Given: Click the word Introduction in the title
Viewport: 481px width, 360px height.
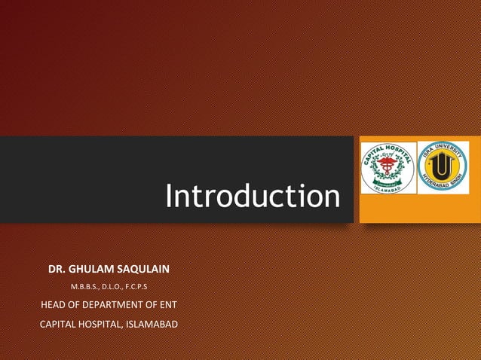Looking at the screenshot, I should click(253, 197).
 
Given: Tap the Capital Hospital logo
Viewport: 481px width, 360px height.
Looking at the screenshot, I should click(388, 167).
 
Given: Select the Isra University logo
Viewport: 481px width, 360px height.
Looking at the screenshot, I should click(443, 167).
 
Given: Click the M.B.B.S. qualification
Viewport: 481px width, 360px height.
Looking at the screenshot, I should click(85, 287).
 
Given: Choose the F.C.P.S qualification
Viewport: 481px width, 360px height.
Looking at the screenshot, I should click(142, 287).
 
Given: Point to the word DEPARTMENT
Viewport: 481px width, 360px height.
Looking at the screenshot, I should click(111, 305).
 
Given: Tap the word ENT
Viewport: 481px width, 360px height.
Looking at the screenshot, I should click(167, 305).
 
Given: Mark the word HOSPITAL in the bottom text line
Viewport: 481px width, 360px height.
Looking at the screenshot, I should click(105, 325).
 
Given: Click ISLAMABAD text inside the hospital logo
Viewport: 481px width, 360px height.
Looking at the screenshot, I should click(388, 189).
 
